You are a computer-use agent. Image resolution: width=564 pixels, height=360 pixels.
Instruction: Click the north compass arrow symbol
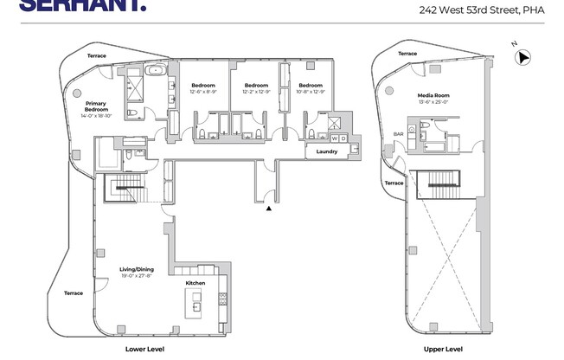coord(522,58)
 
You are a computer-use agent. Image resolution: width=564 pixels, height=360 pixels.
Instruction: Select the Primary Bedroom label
coord(96,106)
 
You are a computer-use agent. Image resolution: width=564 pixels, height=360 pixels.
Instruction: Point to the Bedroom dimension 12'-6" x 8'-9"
coord(202,92)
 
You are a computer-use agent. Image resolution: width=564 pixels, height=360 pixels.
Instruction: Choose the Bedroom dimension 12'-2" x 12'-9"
coord(256,92)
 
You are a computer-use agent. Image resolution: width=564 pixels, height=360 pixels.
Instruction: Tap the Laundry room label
coord(326,151)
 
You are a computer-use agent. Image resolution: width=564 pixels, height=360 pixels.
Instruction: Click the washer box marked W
coord(335,138)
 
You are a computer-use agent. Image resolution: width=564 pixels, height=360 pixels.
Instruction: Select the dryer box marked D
coord(343,138)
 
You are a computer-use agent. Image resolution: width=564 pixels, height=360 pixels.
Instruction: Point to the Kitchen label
coord(195,283)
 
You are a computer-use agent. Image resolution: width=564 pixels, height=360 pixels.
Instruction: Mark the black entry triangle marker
coord(269,208)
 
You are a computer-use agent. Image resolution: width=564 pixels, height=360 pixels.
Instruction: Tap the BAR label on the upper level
coord(399,134)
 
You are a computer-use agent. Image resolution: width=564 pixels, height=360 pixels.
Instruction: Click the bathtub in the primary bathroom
coord(157,71)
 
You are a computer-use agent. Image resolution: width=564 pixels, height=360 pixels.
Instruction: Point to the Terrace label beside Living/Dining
coord(74,292)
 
